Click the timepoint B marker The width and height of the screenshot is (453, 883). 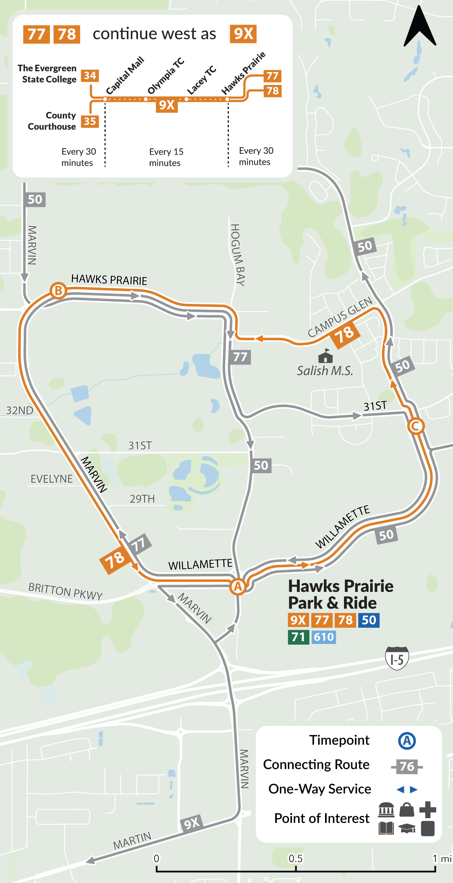coord(58,290)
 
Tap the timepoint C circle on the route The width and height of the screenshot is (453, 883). coord(416,426)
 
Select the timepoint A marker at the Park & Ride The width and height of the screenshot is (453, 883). coord(238,586)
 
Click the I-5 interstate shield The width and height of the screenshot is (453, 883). coord(397,658)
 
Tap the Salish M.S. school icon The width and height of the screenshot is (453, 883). coord(325,356)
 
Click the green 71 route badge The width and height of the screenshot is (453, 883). coord(298,637)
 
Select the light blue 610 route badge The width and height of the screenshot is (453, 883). coord(323,637)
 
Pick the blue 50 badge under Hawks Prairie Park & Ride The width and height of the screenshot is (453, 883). coord(369,620)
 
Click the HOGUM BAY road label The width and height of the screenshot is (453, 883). coord(238,255)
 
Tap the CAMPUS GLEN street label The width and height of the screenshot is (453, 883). coord(340,317)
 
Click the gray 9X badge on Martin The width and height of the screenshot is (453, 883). coord(191,823)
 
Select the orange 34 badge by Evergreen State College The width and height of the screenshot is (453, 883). coord(90,76)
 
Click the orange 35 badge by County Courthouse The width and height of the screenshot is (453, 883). coord(90,121)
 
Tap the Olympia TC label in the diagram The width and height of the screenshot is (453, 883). coord(165,76)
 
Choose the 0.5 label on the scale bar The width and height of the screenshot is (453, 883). coord(295,858)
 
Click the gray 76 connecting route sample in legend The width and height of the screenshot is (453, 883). coord(407,766)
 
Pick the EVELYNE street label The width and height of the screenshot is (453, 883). coord(51,479)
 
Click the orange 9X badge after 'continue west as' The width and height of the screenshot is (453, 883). coord(243,34)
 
